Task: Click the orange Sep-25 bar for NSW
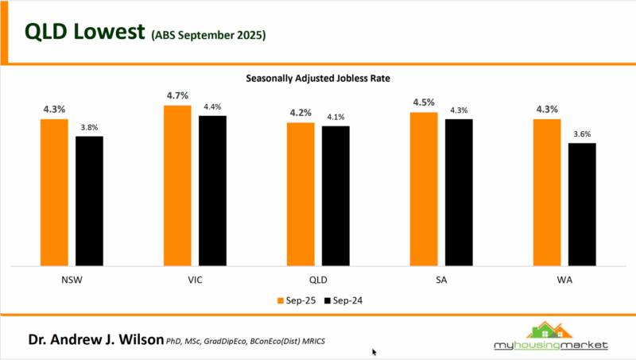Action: pos(54,191)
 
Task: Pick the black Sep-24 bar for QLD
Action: pos(335,195)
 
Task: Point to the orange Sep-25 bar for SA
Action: pos(424,188)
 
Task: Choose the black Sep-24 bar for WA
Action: pos(582,203)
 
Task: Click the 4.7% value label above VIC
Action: pos(177,96)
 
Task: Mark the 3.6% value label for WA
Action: pos(582,134)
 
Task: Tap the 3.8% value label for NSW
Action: pos(90,127)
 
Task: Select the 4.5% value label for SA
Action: pos(424,103)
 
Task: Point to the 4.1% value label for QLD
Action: pos(335,117)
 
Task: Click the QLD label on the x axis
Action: pos(318,281)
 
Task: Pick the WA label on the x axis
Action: pos(564,281)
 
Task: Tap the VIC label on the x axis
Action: pos(195,281)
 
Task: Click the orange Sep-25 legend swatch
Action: pos(279,300)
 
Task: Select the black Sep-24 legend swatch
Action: pos(326,300)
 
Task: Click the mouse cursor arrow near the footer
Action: pos(374,351)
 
